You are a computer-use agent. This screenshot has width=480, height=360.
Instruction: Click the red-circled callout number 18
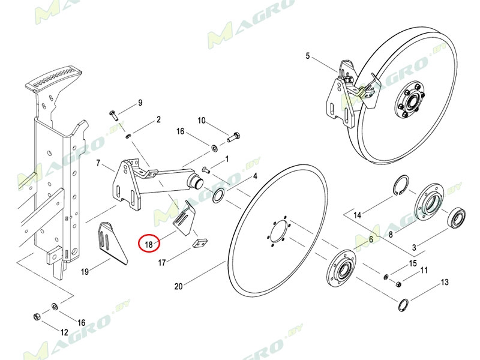click(148, 244)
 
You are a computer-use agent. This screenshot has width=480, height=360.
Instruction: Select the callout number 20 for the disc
click(178, 286)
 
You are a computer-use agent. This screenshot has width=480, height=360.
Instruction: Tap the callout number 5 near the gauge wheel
click(308, 56)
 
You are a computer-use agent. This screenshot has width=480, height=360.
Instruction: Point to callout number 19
click(85, 272)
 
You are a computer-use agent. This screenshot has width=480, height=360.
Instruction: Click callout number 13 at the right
click(445, 282)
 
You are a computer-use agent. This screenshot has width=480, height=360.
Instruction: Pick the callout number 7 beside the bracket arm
click(98, 163)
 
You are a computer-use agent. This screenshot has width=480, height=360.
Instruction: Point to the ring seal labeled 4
click(218, 194)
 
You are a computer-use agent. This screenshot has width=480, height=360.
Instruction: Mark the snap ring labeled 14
click(401, 186)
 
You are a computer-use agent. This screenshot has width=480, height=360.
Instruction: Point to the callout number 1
click(227, 160)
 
